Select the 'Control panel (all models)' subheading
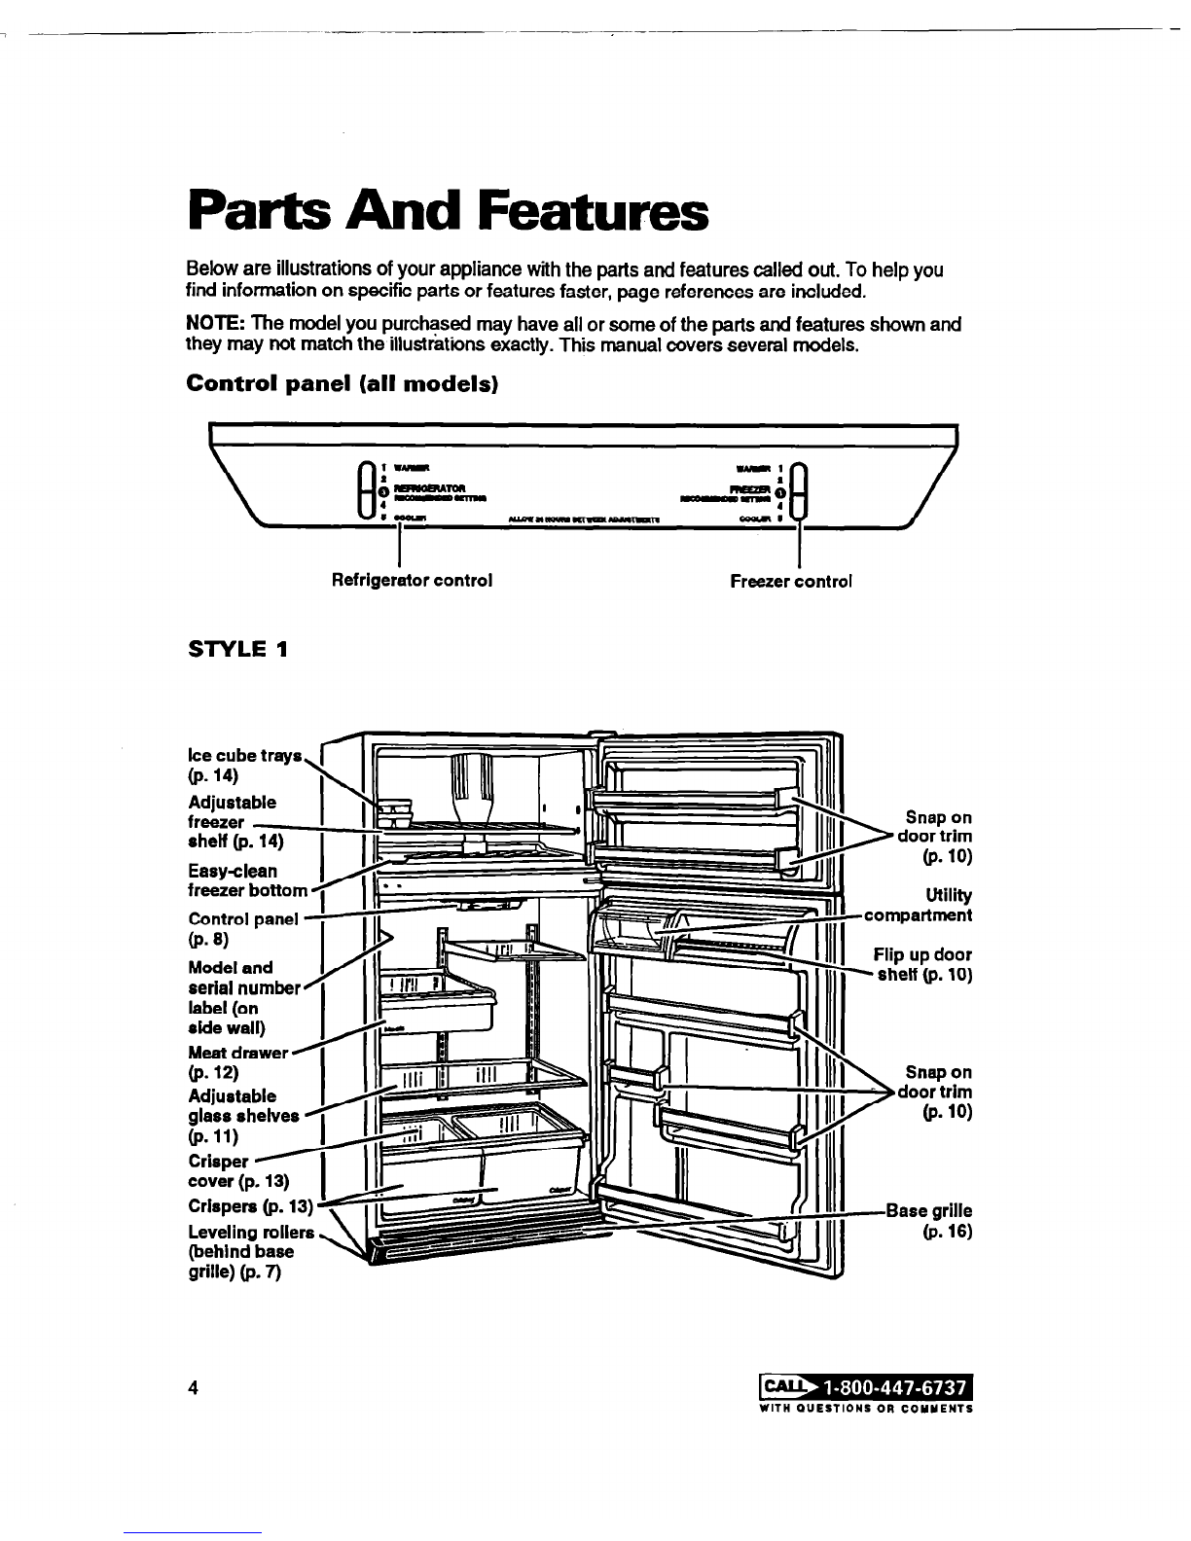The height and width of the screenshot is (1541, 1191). tap(342, 383)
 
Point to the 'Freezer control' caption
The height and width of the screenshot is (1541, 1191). tap(791, 581)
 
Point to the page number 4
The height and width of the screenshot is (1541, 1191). tap(194, 1388)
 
